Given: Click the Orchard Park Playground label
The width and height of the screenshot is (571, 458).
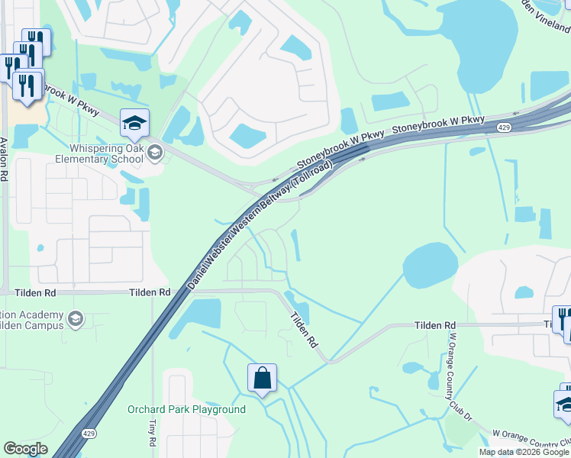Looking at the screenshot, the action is click(x=186, y=410).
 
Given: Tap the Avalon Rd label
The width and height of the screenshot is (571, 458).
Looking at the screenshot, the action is click(x=5, y=159).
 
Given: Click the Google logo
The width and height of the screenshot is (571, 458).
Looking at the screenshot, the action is click(x=25, y=449).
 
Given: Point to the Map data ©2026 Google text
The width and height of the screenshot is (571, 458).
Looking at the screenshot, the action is click(x=524, y=452).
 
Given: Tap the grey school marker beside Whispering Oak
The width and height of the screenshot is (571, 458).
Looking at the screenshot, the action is click(x=155, y=153).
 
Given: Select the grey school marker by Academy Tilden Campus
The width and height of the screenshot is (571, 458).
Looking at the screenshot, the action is click(x=75, y=318).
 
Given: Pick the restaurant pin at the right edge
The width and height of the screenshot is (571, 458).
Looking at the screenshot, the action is click(x=563, y=321).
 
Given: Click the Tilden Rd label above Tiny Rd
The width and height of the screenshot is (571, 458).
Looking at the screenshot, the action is click(x=150, y=293).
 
